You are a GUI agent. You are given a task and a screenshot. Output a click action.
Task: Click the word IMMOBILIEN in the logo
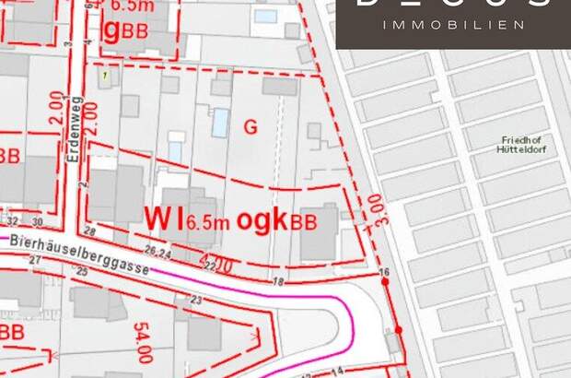tap(453, 25)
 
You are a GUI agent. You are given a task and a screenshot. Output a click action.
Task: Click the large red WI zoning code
tap(164, 218)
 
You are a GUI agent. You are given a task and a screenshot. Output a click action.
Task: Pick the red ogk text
tap(262, 219)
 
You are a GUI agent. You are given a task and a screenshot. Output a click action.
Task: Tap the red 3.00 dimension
tap(372, 210)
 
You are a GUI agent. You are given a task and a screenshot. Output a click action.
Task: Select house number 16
tap(385, 272)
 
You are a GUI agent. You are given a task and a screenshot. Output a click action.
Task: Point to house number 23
tap(196, 300)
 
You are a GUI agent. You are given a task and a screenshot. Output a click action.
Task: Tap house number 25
tap(83, 271)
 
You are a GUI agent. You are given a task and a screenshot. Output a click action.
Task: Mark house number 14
tap(337, 371)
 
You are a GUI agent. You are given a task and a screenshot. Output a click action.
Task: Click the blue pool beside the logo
tap(265, 17)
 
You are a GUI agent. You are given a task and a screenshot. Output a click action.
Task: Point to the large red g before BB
tap(112, 31)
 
